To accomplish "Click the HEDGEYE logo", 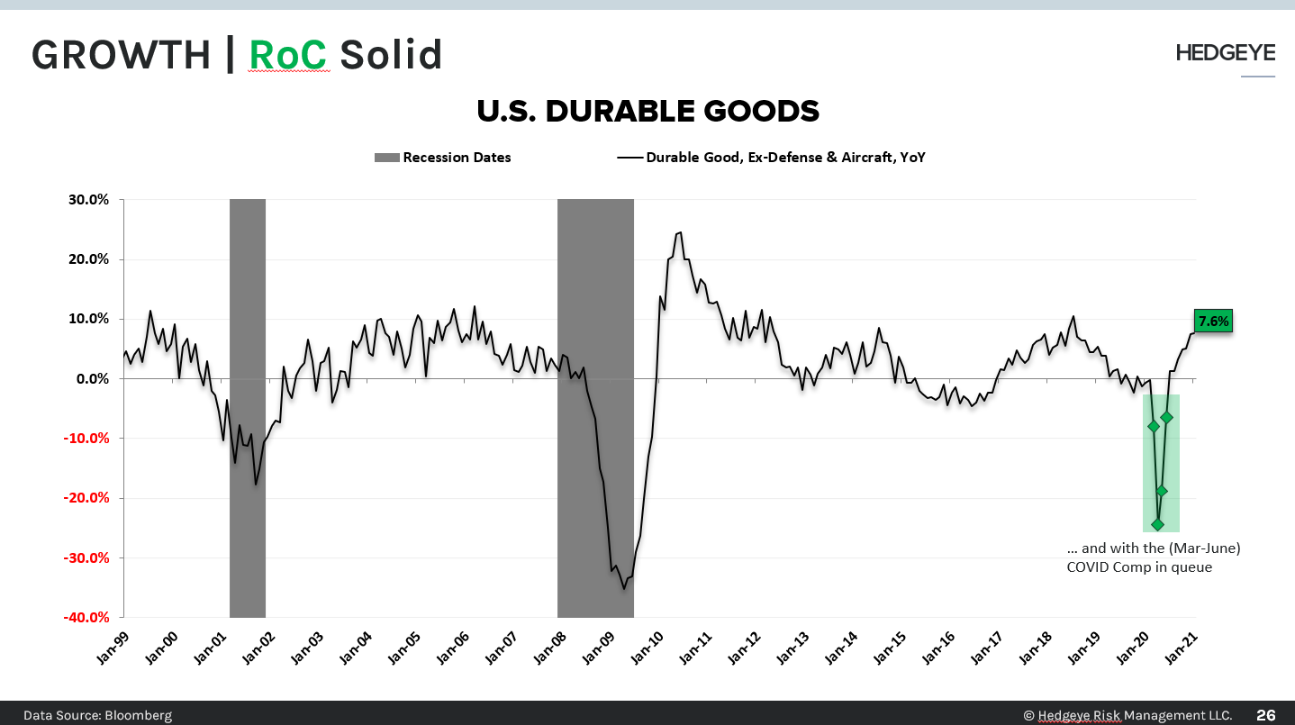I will (1225, 53).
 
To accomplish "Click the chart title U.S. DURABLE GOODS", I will (647, 111).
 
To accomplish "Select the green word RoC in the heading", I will (287, 55).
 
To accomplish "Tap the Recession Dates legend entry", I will (443, 158).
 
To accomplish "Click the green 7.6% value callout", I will (1212, 321).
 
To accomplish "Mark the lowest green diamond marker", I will (1157, 524).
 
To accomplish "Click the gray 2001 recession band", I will (248, 405).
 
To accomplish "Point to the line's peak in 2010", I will (680, 232).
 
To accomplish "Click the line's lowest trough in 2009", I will (623, 588).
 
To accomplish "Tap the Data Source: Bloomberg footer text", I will (97, 715).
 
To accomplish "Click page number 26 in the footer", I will (1265, 715).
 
